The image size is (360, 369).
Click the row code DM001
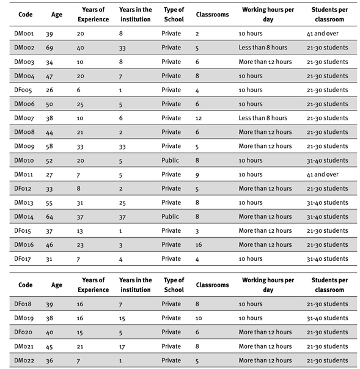click(24, 34)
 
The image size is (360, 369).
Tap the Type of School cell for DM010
click(171, 160)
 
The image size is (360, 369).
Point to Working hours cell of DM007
click(263, 118)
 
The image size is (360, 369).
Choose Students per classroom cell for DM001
click(323, 34)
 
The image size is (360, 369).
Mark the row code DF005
click(24, 90)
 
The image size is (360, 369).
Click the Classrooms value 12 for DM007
click(200, 118)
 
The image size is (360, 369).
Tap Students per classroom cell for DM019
click(328, 318)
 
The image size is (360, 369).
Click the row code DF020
click(24, 332)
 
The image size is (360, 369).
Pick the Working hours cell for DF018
click(251, 304)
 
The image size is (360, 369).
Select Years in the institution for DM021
click(123, 346)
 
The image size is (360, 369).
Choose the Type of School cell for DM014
click(171, 216)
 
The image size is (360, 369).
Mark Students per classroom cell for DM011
click(323, 174)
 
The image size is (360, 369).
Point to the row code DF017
click(24, 258)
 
